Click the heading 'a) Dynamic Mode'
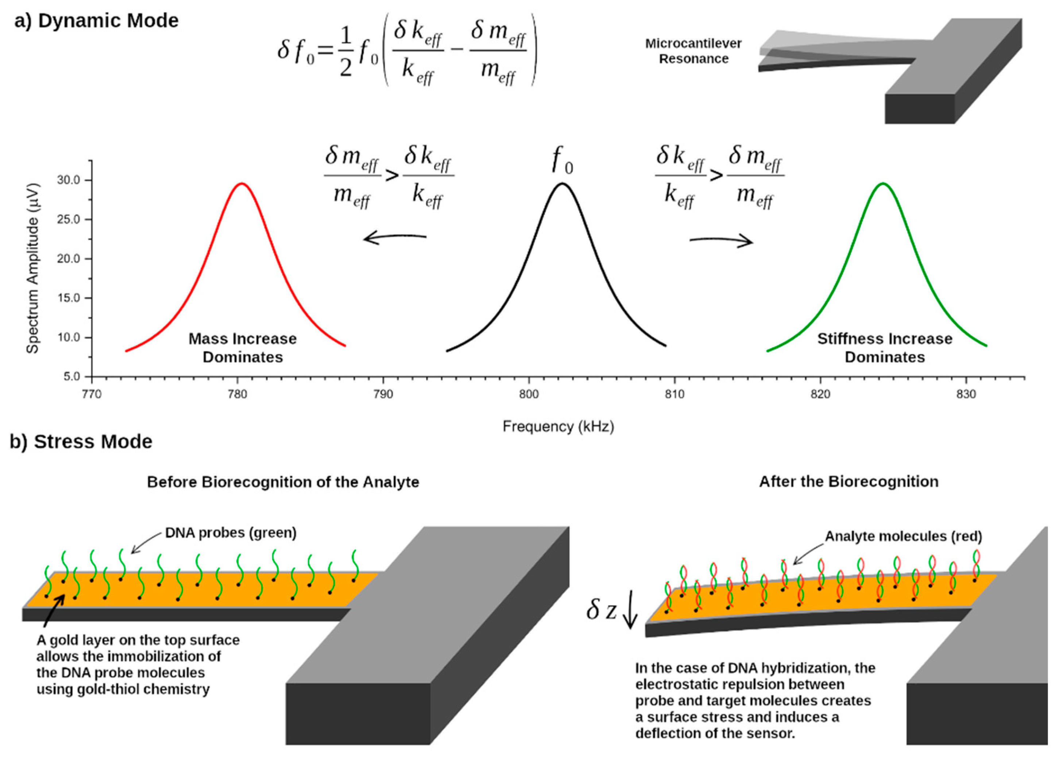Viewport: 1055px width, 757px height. click(96, 21)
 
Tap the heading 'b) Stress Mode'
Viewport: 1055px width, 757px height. click(81, 441)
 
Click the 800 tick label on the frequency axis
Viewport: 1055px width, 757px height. click(529, 395)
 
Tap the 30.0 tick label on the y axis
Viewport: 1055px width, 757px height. click(68, 180)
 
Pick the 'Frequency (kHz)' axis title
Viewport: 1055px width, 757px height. click(558, 427)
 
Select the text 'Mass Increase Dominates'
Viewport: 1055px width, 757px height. click(242, 348)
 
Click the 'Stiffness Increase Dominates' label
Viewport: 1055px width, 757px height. click(885, 348)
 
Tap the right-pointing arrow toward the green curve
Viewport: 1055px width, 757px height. click(721, 241)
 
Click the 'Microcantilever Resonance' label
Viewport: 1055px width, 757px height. click(693, 51)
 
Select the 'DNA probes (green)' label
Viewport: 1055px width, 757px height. click(231, 532)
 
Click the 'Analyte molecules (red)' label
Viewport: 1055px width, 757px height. click(903, 536)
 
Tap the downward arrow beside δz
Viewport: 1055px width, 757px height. click(630, 615)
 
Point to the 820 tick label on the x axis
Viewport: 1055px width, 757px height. click(820, 395)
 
